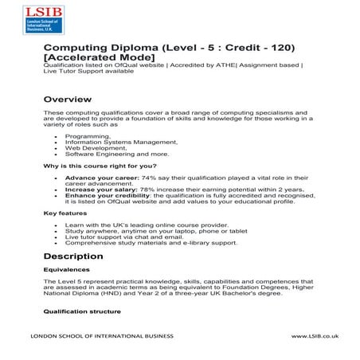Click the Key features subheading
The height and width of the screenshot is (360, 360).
click(x=64, y=214)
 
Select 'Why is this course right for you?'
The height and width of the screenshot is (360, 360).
click(x=94, y=165)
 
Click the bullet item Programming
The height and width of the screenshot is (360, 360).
click(x=83, y=136)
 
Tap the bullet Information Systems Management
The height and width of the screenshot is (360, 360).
click(x=111, y=142)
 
